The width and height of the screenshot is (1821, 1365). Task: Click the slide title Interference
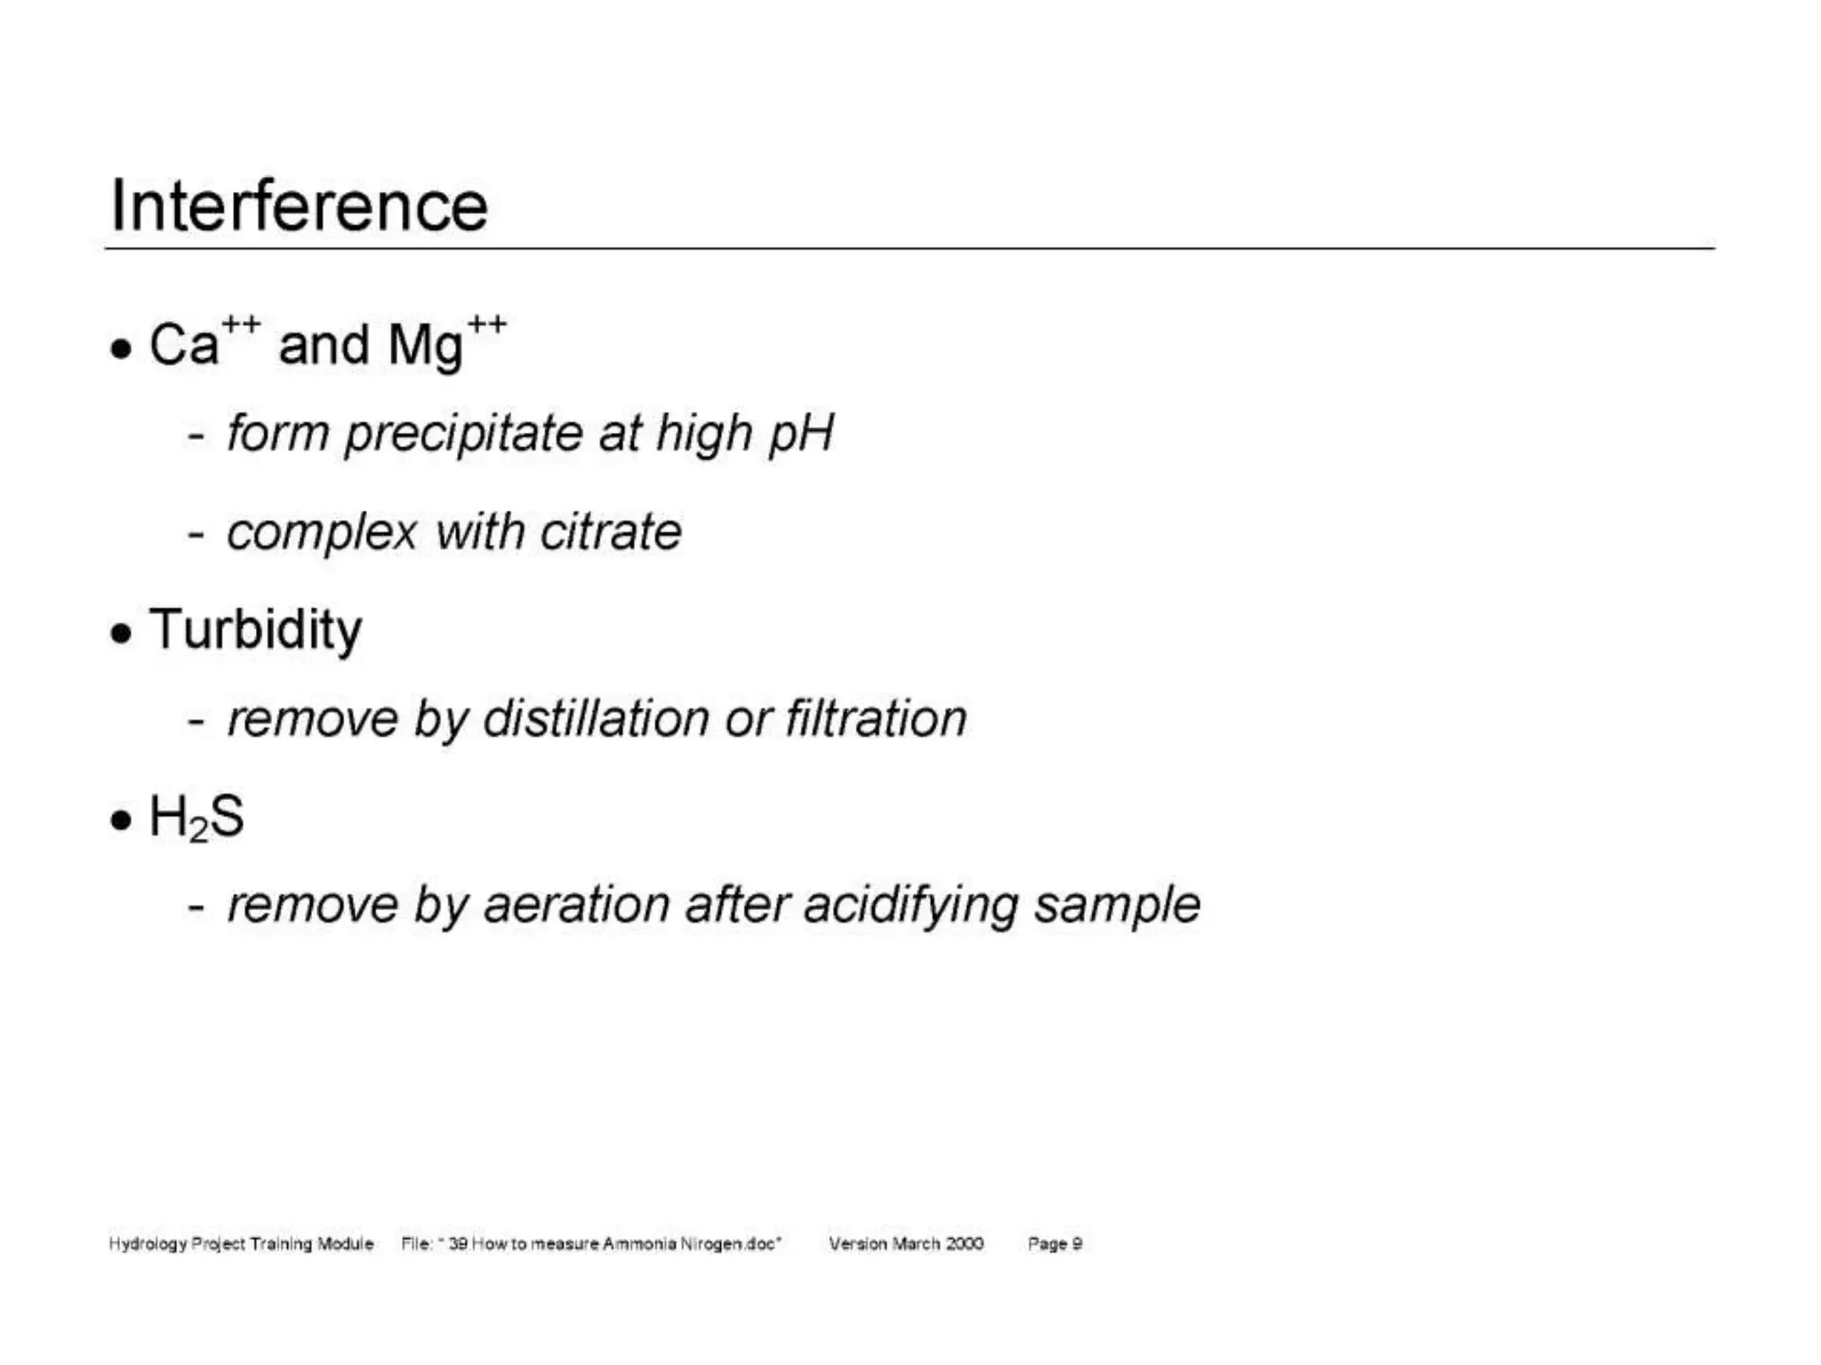pyautogui.click(x=299, y=206)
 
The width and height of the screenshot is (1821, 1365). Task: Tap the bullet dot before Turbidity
pyautogui.click(x=121, y=634)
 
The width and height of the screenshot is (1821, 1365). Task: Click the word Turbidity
pyautogui.click(x=256, y=630)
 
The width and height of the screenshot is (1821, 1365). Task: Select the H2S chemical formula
pyautogui.click(x=197, y=817)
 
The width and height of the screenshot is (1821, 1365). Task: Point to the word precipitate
pyautogui.click(x=463, y=435)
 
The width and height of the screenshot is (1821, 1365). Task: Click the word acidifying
pyautogui.click(x=910, y=906)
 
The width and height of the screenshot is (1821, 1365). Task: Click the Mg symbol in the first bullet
pyautogui.click(x=426, y=345)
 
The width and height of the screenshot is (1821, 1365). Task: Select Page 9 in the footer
pyautogui.click(x=1055, y=1243)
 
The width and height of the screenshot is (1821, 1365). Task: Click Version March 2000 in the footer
pyautogui.click(x=906, y=1243)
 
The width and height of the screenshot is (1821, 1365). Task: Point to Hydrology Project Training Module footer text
pyautogui.click(x=241, y=1243)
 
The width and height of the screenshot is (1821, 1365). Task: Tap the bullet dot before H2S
pyautogui.click(x=121, y=820)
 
